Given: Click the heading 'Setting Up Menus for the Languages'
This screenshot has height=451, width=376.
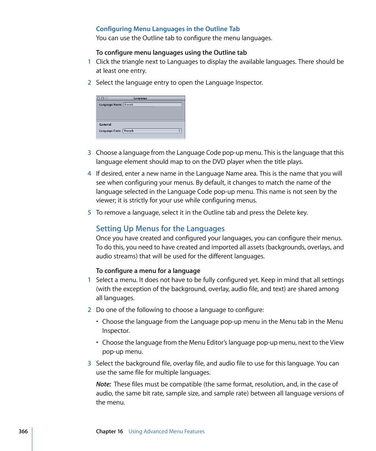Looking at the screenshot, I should pos(160,229).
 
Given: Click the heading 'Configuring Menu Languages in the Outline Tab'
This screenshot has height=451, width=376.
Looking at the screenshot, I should pos(168,29).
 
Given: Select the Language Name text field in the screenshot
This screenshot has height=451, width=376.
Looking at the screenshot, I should pos(152,105).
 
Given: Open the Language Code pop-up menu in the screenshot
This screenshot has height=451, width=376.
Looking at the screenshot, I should pos(152,131).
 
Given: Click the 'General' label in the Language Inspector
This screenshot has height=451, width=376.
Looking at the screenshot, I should pos(105,124).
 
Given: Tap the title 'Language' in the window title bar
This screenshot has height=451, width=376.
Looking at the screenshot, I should pos(140,98).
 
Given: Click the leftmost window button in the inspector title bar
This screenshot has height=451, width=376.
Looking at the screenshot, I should pos(98,98).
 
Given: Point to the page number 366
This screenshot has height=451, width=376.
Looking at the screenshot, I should pos(23,431).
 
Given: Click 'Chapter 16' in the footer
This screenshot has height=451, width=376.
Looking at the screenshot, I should pos(109,431).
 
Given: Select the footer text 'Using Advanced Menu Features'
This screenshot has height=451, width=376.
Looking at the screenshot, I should pos(166,431).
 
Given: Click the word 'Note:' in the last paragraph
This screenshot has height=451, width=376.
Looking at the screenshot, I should pos(103,384).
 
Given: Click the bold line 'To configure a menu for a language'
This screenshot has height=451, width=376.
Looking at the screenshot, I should pos(148,271).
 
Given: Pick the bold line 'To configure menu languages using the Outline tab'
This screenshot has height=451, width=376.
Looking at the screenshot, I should pos(171,53).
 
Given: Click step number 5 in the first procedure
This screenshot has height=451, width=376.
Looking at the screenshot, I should pos(89,213).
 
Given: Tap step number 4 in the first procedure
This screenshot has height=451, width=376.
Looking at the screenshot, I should pos(89,174).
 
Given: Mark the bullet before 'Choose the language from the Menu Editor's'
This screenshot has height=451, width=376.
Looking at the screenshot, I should pos(98,343).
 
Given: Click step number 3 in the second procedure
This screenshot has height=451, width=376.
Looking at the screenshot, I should pos(89,364).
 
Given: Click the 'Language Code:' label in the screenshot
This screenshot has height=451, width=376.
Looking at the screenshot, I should pos(110,131).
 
